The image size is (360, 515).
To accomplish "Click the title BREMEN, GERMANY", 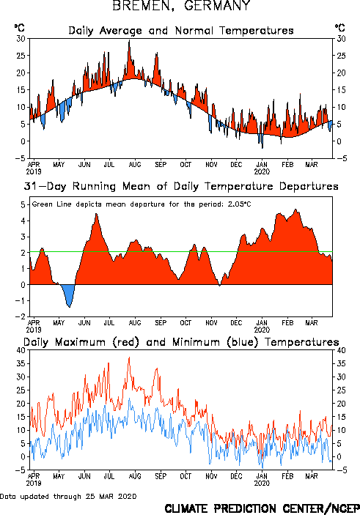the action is coord(181,6).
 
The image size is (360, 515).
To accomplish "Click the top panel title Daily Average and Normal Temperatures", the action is coord(181,31).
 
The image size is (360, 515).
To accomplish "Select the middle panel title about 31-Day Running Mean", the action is coord(181,186).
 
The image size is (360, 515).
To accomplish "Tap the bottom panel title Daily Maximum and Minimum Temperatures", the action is coord(181,342).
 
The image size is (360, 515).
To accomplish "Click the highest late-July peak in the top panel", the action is coord(129,41).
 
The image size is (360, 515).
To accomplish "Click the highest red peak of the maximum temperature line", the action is coord(129,357).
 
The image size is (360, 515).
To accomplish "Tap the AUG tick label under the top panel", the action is coord(135,165).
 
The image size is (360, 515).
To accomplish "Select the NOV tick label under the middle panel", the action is coord(211,323).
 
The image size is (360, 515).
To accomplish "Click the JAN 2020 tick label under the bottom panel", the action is coord(262,480).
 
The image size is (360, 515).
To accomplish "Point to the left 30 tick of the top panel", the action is coord(21,39).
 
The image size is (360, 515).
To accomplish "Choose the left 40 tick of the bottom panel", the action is coord(21,350).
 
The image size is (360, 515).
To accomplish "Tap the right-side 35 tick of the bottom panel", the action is coord(341,363).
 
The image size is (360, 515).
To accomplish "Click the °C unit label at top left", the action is coord(19,28).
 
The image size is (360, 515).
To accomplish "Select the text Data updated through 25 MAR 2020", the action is coord(68,496).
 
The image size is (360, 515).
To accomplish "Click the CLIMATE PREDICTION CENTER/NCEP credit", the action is coord(262,508).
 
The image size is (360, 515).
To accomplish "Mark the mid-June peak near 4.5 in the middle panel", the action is coord(96,214).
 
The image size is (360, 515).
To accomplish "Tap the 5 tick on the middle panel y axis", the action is coord(23,205).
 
